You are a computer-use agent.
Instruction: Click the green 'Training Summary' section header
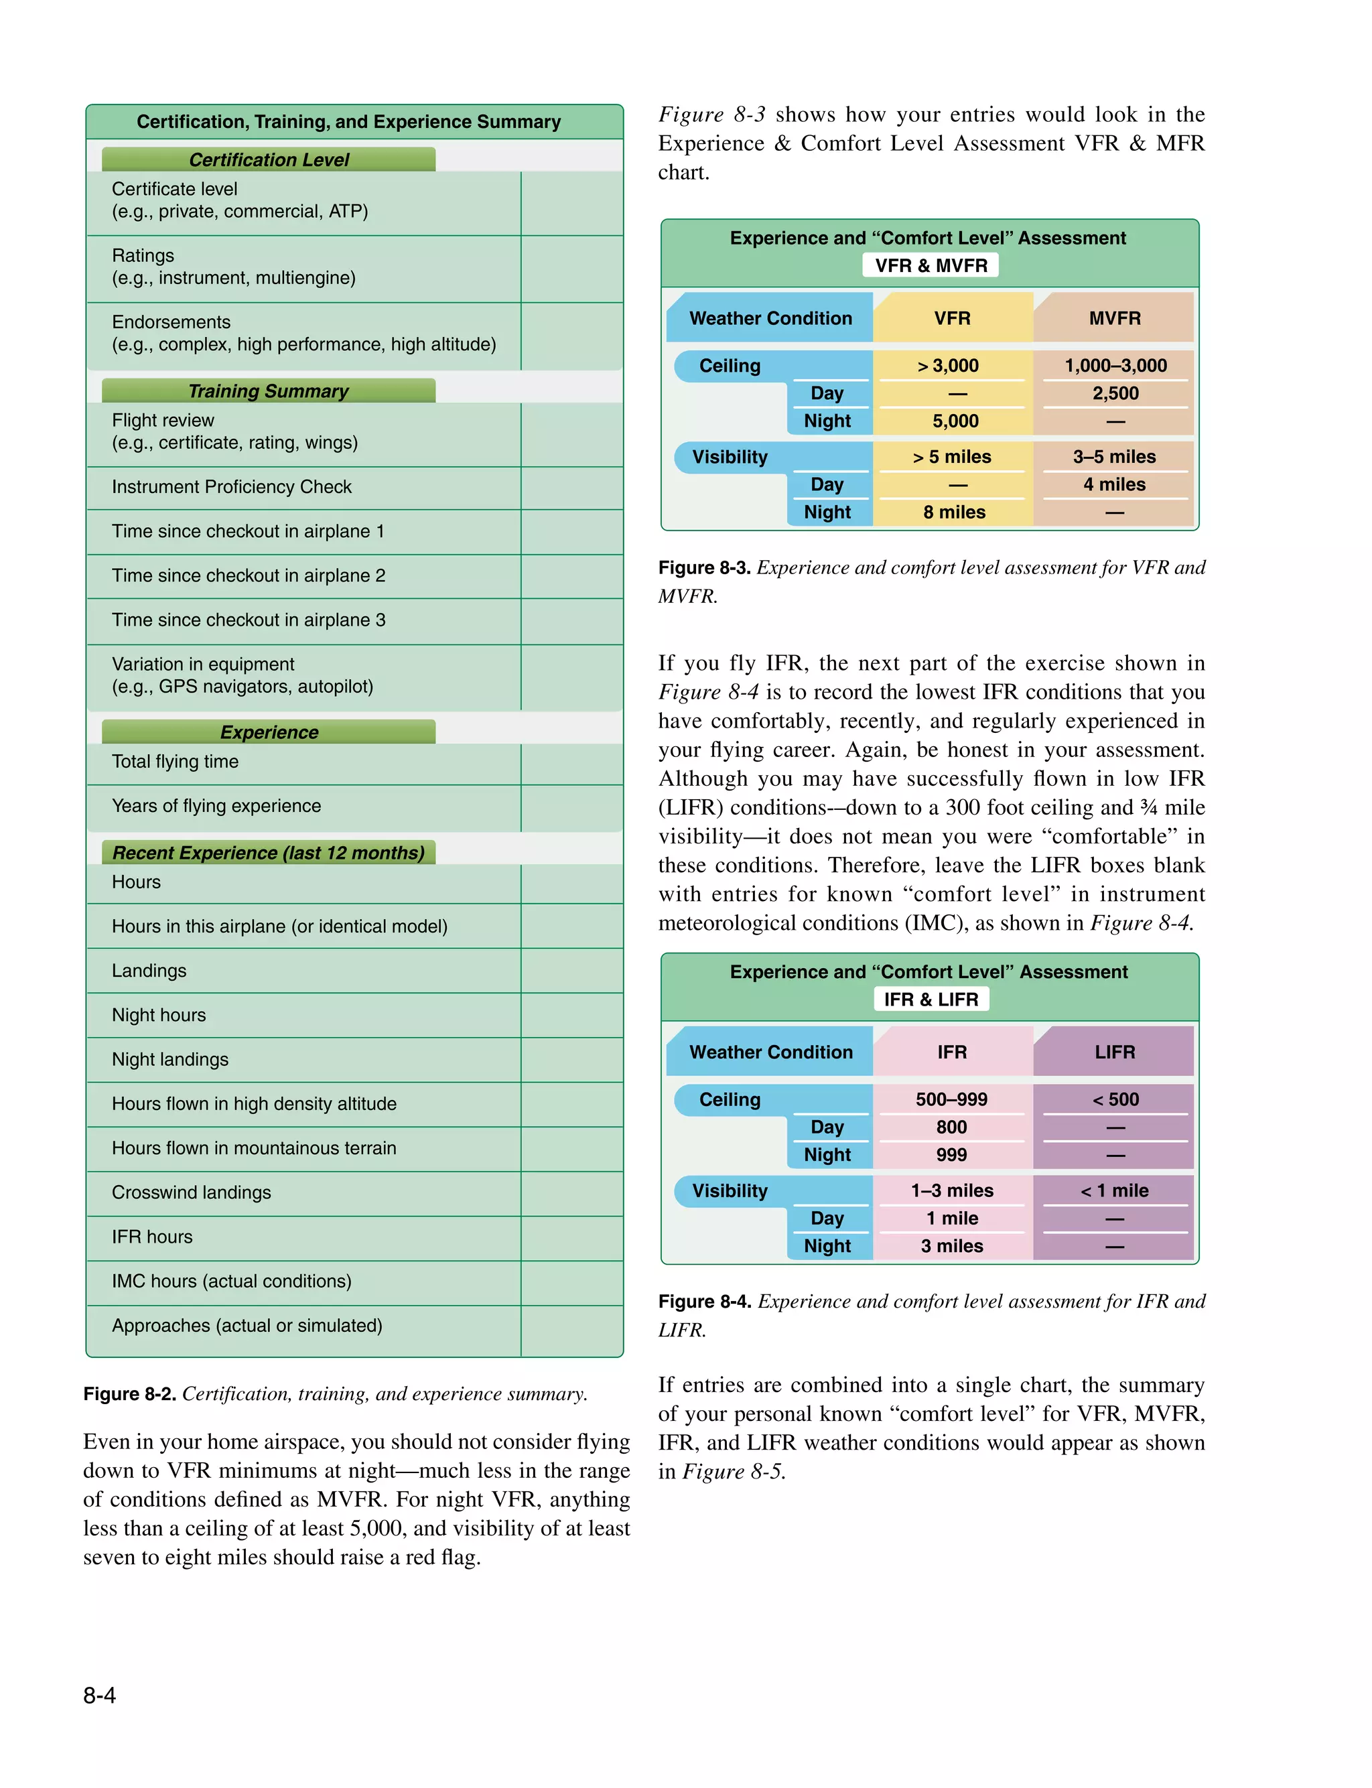(268, 391)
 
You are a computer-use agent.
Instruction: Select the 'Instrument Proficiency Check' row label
(231, 486)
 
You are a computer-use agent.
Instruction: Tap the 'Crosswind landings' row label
(191, 1192)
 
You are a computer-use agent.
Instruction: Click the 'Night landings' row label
(170, 1059)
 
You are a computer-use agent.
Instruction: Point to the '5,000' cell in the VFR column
(955, 421)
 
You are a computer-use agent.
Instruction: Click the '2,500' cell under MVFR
(1115, 393)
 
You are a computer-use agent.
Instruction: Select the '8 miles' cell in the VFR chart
(954, 512)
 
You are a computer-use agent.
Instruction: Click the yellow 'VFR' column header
(952, 318)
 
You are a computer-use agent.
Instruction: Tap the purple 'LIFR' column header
(1114, 1052)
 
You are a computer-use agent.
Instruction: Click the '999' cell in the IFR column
(951, 1154)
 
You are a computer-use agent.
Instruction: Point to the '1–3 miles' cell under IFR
(952, 1190)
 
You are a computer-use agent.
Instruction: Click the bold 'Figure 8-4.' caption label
(704, 1300)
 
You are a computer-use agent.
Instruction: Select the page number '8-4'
(100, 1696)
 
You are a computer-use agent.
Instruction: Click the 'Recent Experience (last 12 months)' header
(268, 852)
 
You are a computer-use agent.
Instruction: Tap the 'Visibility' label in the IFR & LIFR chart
(730, 1190)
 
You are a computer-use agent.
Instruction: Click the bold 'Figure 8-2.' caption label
(129, 1393)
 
